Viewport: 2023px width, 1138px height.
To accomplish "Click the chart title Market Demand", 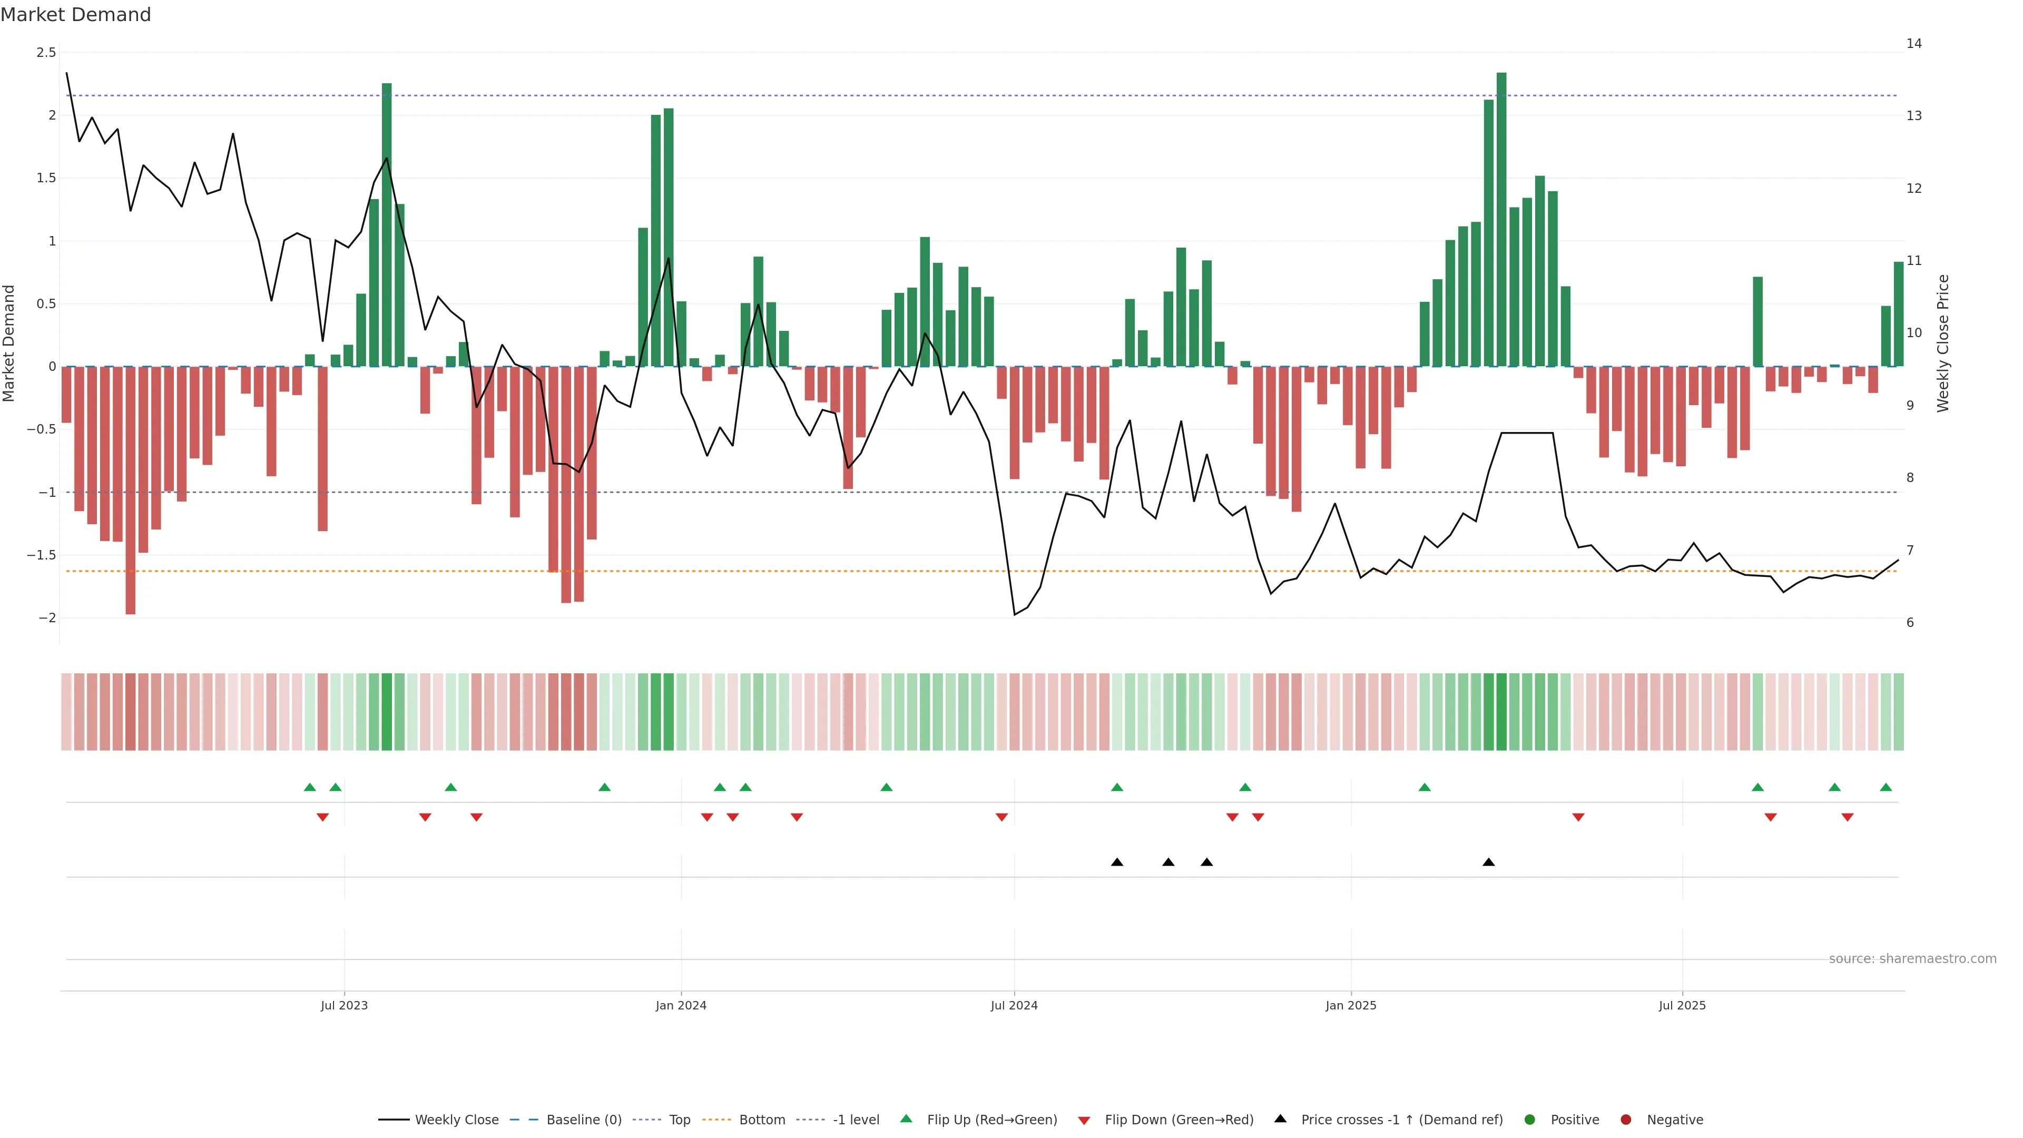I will (75, 15).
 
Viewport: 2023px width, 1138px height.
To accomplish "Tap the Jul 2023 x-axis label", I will (344, 1005).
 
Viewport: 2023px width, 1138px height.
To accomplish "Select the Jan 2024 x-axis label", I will (681, 1005).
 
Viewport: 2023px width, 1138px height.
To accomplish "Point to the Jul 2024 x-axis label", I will (1014, 1005).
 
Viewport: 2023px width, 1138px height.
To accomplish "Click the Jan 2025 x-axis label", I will (1351, 1005).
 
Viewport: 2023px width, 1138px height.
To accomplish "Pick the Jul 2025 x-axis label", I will (1682, 1005).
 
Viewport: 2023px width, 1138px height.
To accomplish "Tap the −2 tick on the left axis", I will (46, 618).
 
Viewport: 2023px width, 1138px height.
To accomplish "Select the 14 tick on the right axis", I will (1914, 44).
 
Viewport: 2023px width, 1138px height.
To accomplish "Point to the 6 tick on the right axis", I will (1910, 623).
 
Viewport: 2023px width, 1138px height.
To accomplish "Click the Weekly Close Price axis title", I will (1943, 343).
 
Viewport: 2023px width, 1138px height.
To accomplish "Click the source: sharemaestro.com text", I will (1912, 959).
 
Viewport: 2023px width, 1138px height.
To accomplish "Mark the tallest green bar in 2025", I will (1501, 220).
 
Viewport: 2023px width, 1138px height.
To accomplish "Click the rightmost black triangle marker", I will (1488, 862).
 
